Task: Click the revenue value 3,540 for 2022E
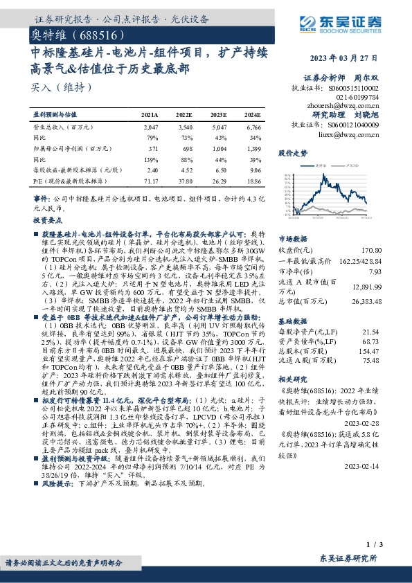pyautogui.click(x=183, y=128)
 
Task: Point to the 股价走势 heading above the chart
pyautogui.click(x=292, y=152)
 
